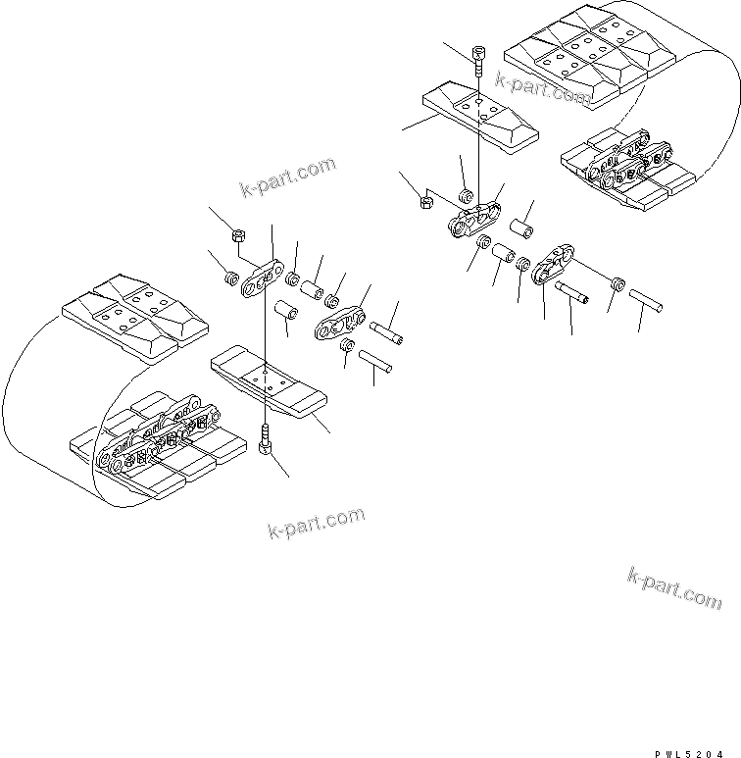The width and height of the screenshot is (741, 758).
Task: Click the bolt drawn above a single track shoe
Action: click(x=477, y=61)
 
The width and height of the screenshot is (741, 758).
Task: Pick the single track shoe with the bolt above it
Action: click(x=480, y=115)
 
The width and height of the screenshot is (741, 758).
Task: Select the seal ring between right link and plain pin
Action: click(x=617, y=282)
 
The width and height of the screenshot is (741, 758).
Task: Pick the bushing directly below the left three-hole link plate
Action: click(x=286, y=313)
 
